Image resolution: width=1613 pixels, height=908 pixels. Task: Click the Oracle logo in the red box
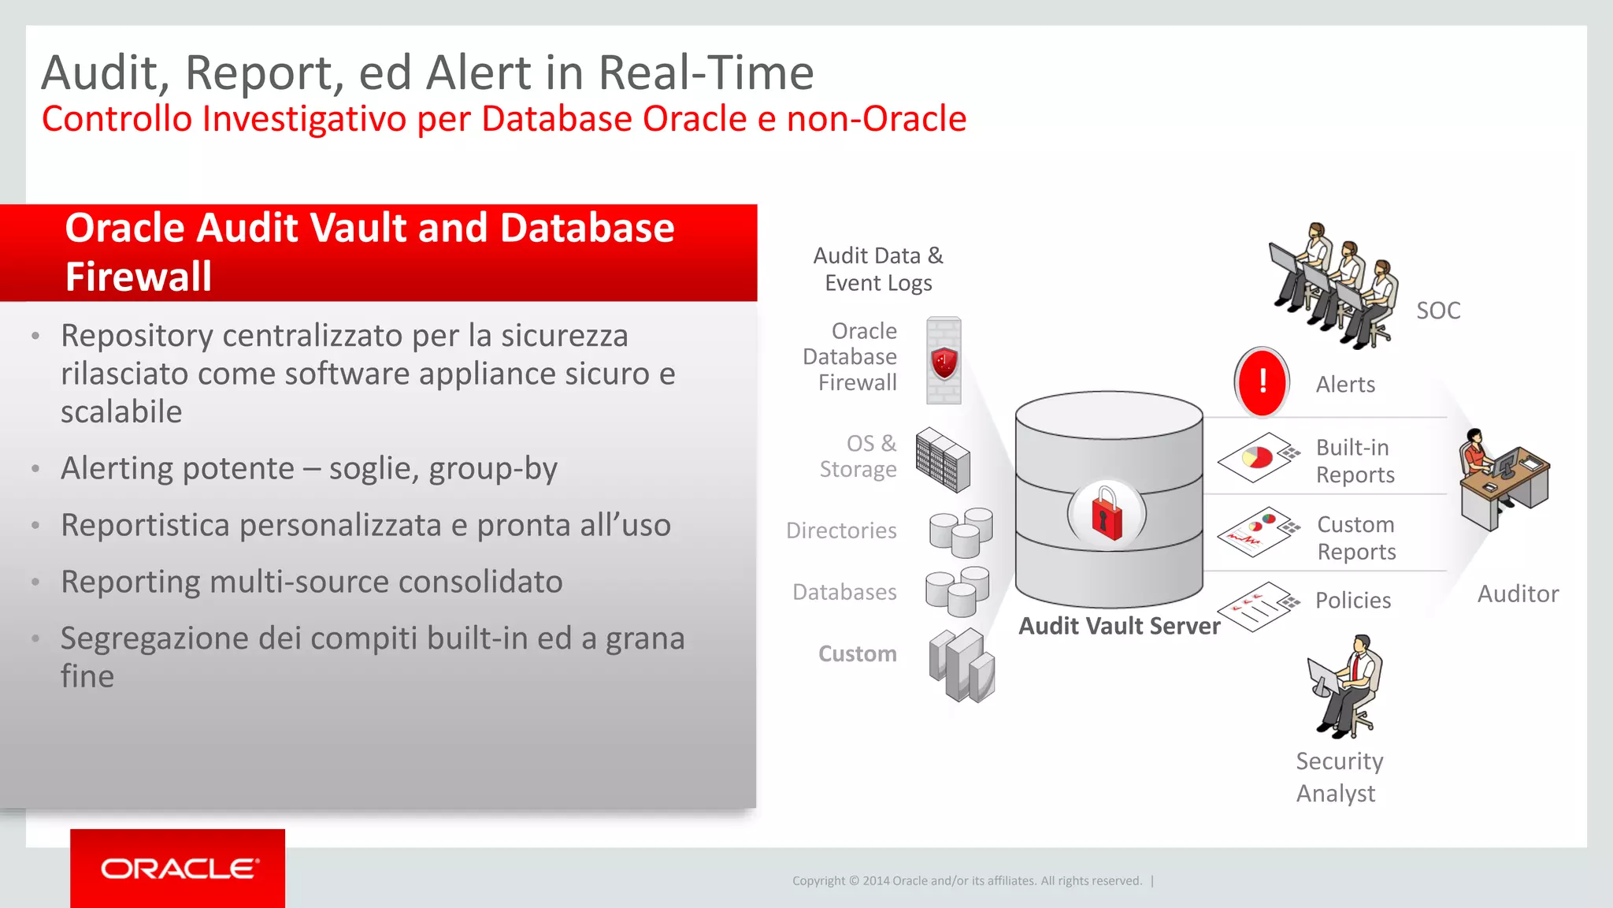180,869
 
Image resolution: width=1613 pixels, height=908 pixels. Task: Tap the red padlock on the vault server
1107,515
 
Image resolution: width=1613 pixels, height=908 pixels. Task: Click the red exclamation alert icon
1262,382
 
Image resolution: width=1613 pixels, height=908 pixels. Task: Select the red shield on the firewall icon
944,363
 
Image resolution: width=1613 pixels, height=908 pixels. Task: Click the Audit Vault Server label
1119,626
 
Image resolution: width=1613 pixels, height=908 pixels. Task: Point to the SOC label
1438,311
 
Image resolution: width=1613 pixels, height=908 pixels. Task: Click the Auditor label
1518,594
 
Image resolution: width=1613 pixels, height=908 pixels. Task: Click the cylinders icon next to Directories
961,533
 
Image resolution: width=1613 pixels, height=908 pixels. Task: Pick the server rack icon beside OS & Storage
943,460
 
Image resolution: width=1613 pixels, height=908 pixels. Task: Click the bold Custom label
857,653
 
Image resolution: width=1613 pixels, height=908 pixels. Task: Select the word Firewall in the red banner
139,277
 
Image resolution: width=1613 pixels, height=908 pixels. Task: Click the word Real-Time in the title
706,73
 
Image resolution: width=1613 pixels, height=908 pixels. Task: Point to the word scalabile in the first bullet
121,411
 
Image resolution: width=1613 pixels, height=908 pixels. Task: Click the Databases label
844,592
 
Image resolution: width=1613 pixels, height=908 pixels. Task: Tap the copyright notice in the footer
966,880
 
